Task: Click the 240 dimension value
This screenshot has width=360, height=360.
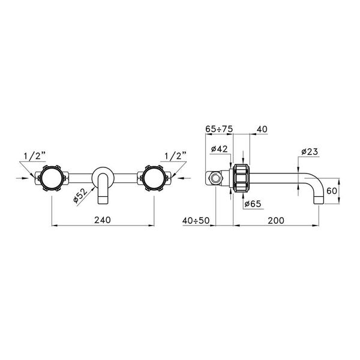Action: (x=104, y=220)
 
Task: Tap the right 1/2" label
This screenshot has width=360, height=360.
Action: (x=175, y=156)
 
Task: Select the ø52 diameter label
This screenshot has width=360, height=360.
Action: (x=81, y=196)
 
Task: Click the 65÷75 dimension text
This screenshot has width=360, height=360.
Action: (x=219, y=129)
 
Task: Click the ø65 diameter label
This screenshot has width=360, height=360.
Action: (x=253, y=204)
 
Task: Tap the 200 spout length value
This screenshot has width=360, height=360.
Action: (x=276, y=220)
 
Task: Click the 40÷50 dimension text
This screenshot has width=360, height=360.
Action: (x=196, y=220)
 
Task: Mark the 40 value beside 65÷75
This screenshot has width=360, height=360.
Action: (x=262, y=129)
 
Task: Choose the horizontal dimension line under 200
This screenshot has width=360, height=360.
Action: (x=276, y=226)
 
